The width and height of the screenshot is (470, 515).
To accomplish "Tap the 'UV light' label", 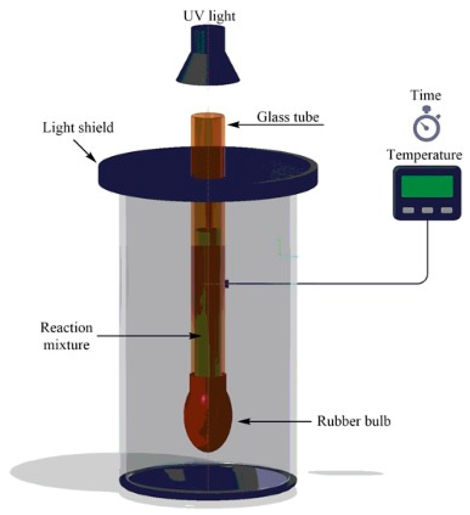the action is pos(209,16).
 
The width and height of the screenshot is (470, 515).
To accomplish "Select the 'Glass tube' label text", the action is pos(288,117).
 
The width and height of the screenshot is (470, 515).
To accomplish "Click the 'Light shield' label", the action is pos(78,127).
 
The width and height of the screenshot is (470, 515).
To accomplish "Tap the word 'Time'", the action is pos(426,95).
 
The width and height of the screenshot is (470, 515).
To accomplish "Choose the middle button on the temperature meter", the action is pos(427,210).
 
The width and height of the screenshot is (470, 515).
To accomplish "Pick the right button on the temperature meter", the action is pos(446,210).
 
